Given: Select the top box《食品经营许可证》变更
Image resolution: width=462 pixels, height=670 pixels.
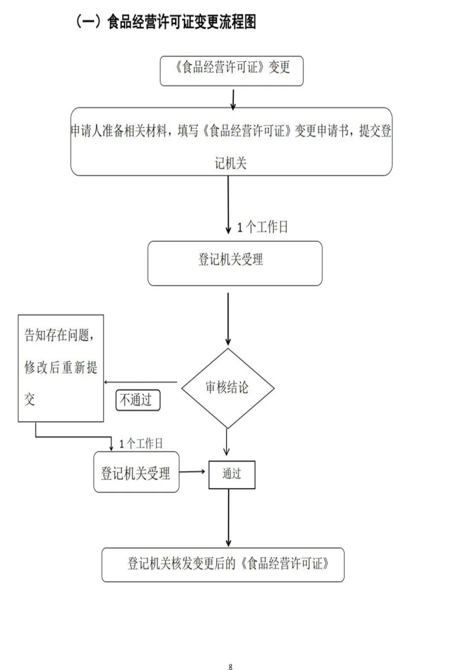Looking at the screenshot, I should (x=232, y=71).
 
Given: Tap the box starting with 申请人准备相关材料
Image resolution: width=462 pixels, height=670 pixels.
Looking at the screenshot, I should (x=232, y=142).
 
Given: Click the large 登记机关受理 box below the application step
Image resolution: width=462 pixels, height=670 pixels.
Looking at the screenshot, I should (x=234, y=263).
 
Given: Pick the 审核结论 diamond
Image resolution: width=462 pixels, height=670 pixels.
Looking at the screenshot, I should (x=227, y=388).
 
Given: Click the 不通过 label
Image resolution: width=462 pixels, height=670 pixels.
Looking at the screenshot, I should (x=137, y=400).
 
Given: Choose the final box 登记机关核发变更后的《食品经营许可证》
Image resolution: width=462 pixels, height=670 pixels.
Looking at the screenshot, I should (x=223, y=564).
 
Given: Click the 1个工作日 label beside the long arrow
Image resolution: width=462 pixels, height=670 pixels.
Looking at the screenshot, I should (x=262, y=227).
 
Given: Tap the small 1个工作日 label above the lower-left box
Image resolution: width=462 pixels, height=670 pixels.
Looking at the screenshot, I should (x=141, y=443).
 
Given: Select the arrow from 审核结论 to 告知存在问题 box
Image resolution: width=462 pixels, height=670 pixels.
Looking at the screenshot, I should (x=142, y=382).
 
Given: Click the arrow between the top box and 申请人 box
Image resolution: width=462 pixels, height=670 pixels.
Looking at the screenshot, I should (x=233, y=97).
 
